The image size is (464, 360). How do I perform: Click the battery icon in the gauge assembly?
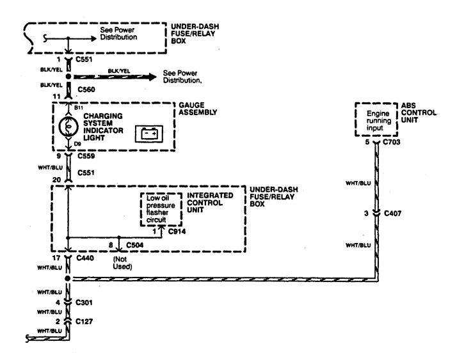pos(149,134)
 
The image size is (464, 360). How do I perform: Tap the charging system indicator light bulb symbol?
pos(68,127)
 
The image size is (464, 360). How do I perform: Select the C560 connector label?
pos(86,90)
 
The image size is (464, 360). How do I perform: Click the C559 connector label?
pos(86,156)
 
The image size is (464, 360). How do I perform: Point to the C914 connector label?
pos(177,231)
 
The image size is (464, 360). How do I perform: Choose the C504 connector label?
pos(135,245)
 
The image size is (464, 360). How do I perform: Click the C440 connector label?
pos(85,258)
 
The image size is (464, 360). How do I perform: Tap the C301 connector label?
pos(84,302)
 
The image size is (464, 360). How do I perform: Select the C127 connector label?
pos(84,321)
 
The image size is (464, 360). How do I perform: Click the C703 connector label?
pos(392,142)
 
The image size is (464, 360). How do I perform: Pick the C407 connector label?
pos(393,213)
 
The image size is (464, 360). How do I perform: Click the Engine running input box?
pos(376,120)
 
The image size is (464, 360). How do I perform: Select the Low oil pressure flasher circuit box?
pos(161,210)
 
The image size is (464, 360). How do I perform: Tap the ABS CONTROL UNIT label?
pos(419,113)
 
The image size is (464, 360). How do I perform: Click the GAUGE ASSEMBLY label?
pos(198,109)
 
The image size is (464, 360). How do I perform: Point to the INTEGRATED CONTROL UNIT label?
pos(210,203)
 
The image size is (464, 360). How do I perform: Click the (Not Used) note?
pos(122,263)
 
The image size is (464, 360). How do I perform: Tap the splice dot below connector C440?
pos(68,278)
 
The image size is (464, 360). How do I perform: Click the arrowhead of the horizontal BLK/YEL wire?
pos(152,77)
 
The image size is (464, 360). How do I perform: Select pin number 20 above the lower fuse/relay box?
pos(56,180)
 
